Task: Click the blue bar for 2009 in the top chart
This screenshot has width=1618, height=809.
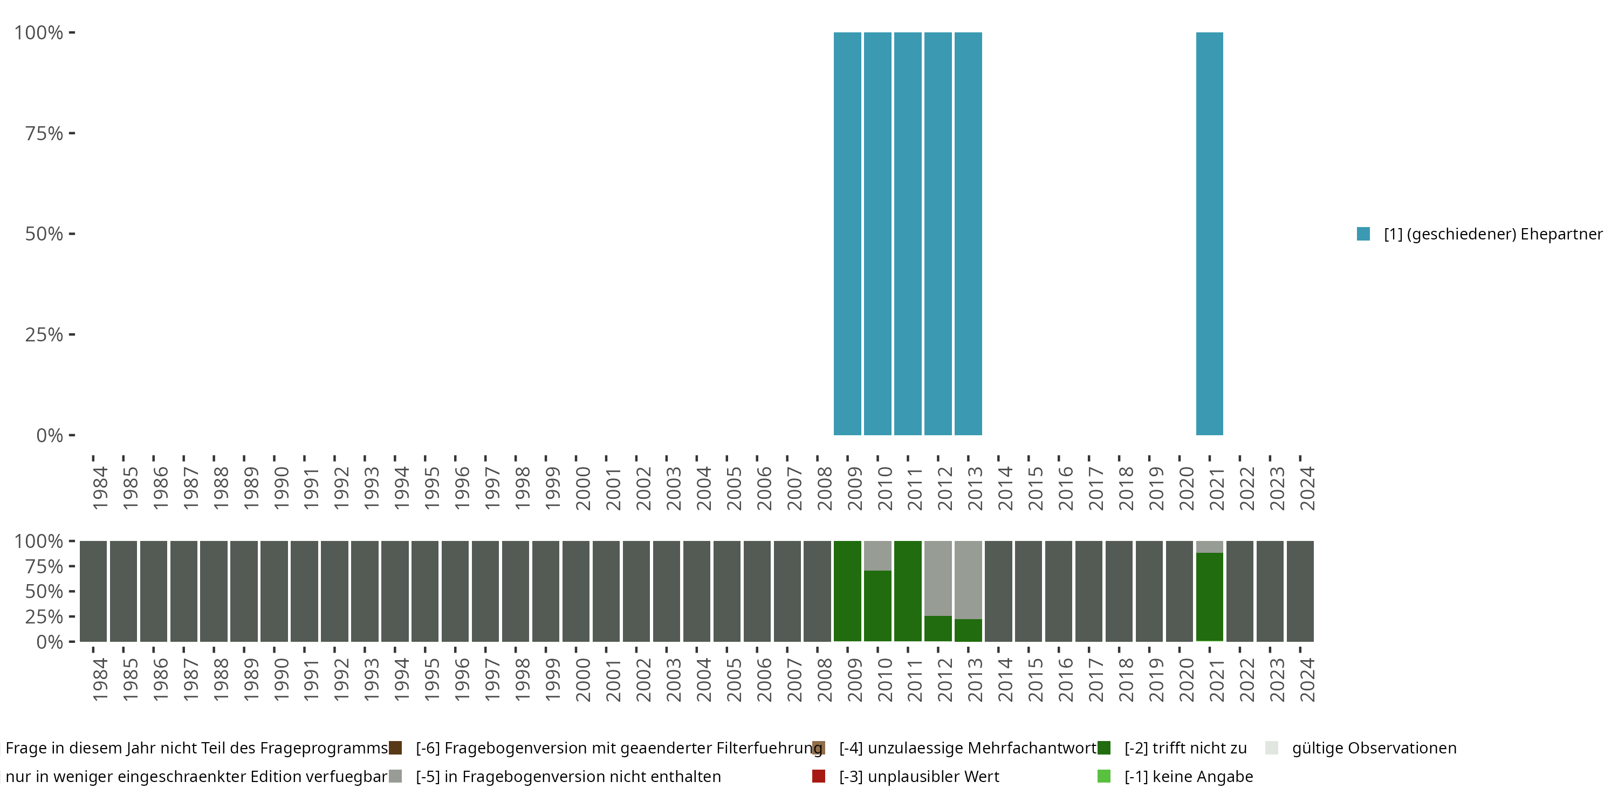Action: [847, 234]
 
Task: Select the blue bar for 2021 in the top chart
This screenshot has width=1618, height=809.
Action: [1210, 234]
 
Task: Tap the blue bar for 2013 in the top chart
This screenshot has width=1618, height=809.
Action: [968, 234]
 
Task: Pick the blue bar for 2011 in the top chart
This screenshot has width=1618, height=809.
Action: [908, 234]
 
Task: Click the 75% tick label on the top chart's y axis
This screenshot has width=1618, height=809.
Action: [44, 133]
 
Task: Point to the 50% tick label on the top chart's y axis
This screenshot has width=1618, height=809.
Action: [44, 234]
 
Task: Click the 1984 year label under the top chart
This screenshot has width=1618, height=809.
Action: [100, 488]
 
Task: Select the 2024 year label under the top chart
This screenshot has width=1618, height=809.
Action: [1307, 488]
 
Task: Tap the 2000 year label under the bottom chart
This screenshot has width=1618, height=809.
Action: [583, 680]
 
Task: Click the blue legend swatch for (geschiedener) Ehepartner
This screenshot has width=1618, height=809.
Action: [1363, 234]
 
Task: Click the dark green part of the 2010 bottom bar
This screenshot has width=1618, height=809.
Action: [877, 606]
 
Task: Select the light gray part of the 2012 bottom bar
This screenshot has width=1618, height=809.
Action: [938, 578]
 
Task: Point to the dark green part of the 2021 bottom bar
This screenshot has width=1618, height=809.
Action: [1210, 597]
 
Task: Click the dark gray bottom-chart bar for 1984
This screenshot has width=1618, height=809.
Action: [93, 591]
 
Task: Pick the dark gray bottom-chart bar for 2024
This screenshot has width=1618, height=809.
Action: [1300, 591]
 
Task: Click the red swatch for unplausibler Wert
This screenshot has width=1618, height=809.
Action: [818, 776]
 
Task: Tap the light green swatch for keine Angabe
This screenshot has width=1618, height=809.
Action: [1103, 776]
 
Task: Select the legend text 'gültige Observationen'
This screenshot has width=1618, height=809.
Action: [1374, 748]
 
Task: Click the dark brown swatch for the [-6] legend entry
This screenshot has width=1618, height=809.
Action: [395, 748]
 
